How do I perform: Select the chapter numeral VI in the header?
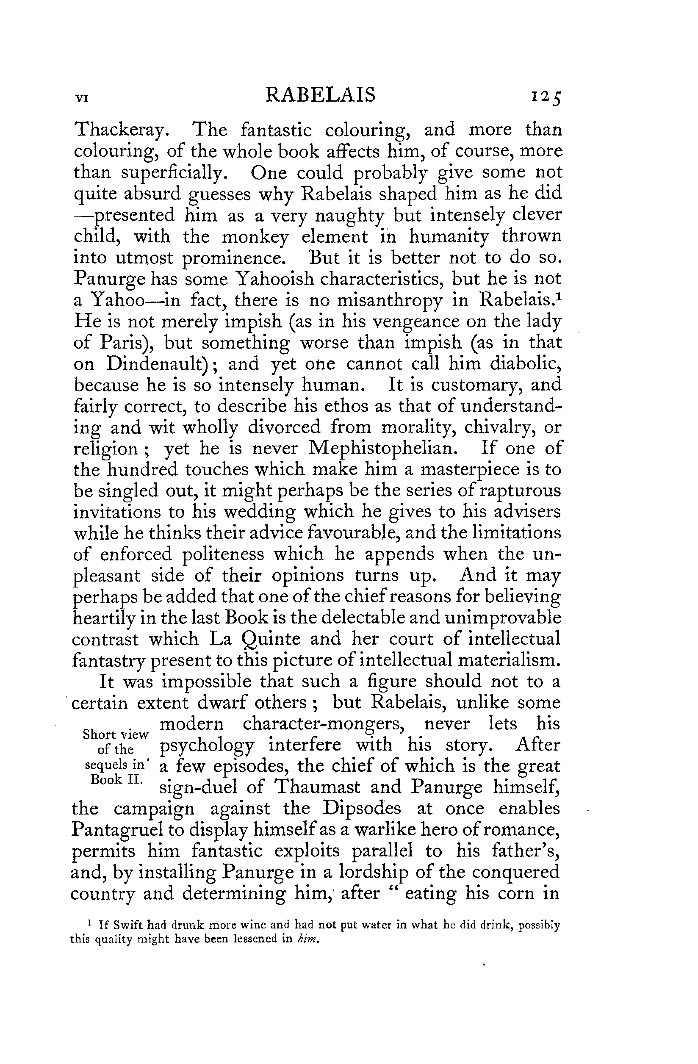point(81,98)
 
